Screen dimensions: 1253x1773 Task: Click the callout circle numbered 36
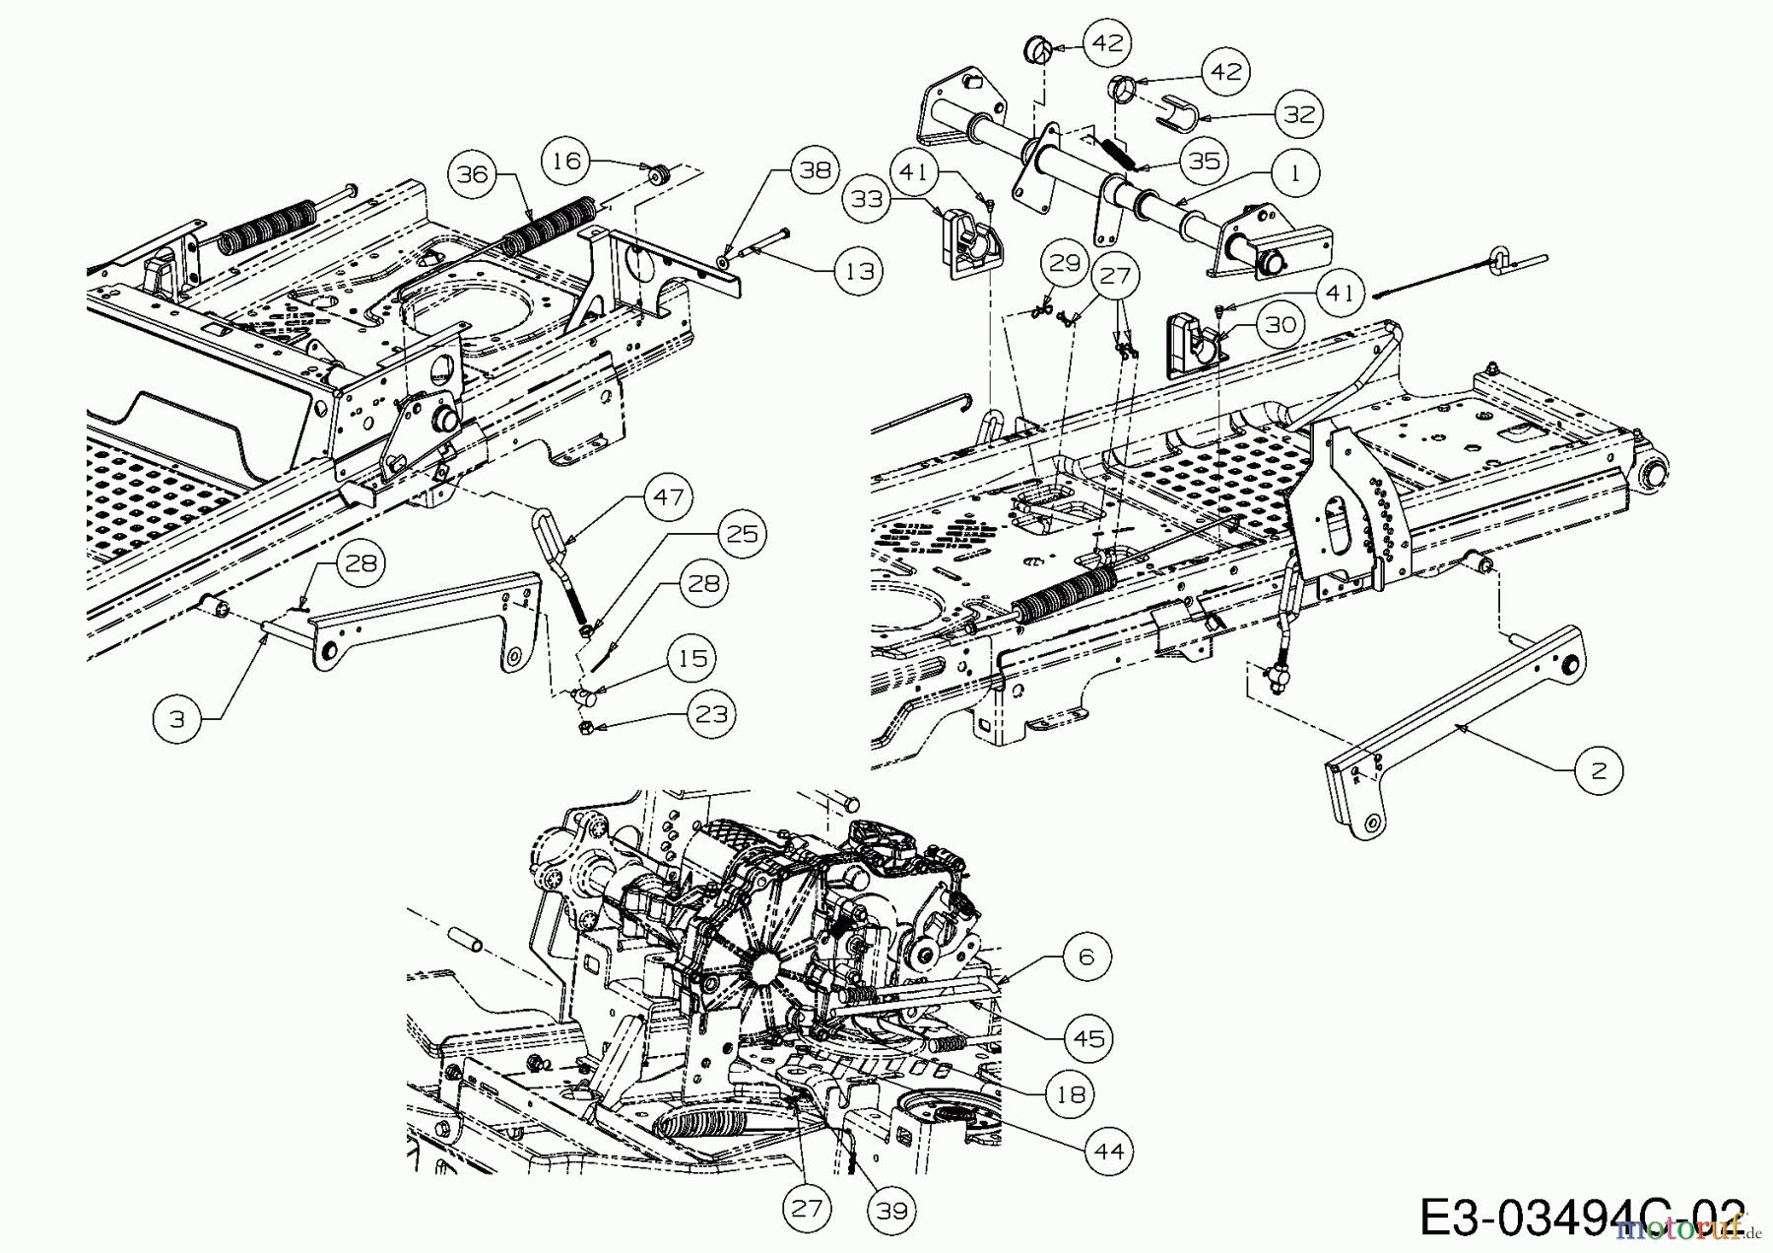pos(473,174)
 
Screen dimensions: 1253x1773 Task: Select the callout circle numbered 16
pos(568,160)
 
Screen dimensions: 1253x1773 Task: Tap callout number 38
pos(815,170)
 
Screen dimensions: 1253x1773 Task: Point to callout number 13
pos(860,270)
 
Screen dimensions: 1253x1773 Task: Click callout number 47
pos(669,497)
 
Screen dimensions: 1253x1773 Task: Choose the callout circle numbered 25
pos(742,533)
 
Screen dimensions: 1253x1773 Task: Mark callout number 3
pos(177,719)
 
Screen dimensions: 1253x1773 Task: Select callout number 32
pos(1299,114)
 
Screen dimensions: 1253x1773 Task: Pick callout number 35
pos(1204,161)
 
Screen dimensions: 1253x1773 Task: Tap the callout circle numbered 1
pos(1295,173)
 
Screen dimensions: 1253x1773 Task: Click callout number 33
pos(868,200)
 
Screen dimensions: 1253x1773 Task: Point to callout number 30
pos(1280,324)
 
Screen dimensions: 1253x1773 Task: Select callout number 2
pos(1598,771)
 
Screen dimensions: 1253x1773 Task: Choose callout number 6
pos(1086,956)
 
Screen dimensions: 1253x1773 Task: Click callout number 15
pos(693,658)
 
